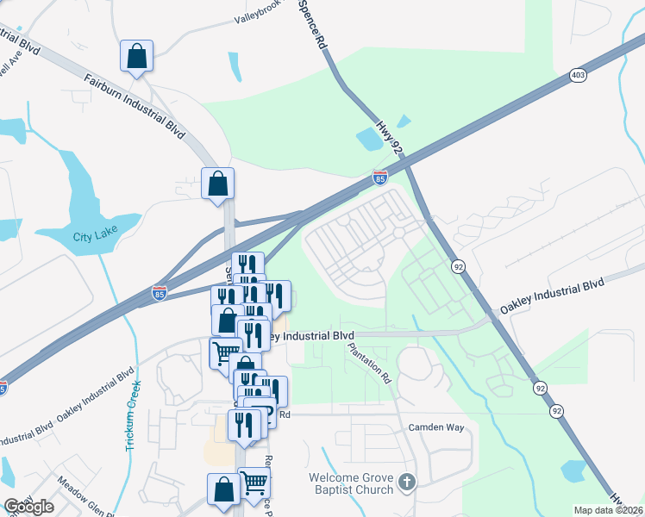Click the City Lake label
pyautogui.click(x=93, y=237)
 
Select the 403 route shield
pyautogui.click(x=578, y=76)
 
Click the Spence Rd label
pyautogui.click(x=313, y=24)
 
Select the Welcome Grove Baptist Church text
pyautogui.click(x=352, y=483)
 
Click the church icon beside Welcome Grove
pyautogui.click(x=407, y=483)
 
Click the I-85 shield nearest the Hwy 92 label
pyautogui.click(x=379, y=178)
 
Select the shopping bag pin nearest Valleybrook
pyautogui.click(x=136, y=56)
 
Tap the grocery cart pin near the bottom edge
pyautogui.click(x=254, y=483)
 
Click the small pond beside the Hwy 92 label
pyautogui.click(x=368, y=138)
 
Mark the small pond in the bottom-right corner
pyautogui.click(x=573, y=470)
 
